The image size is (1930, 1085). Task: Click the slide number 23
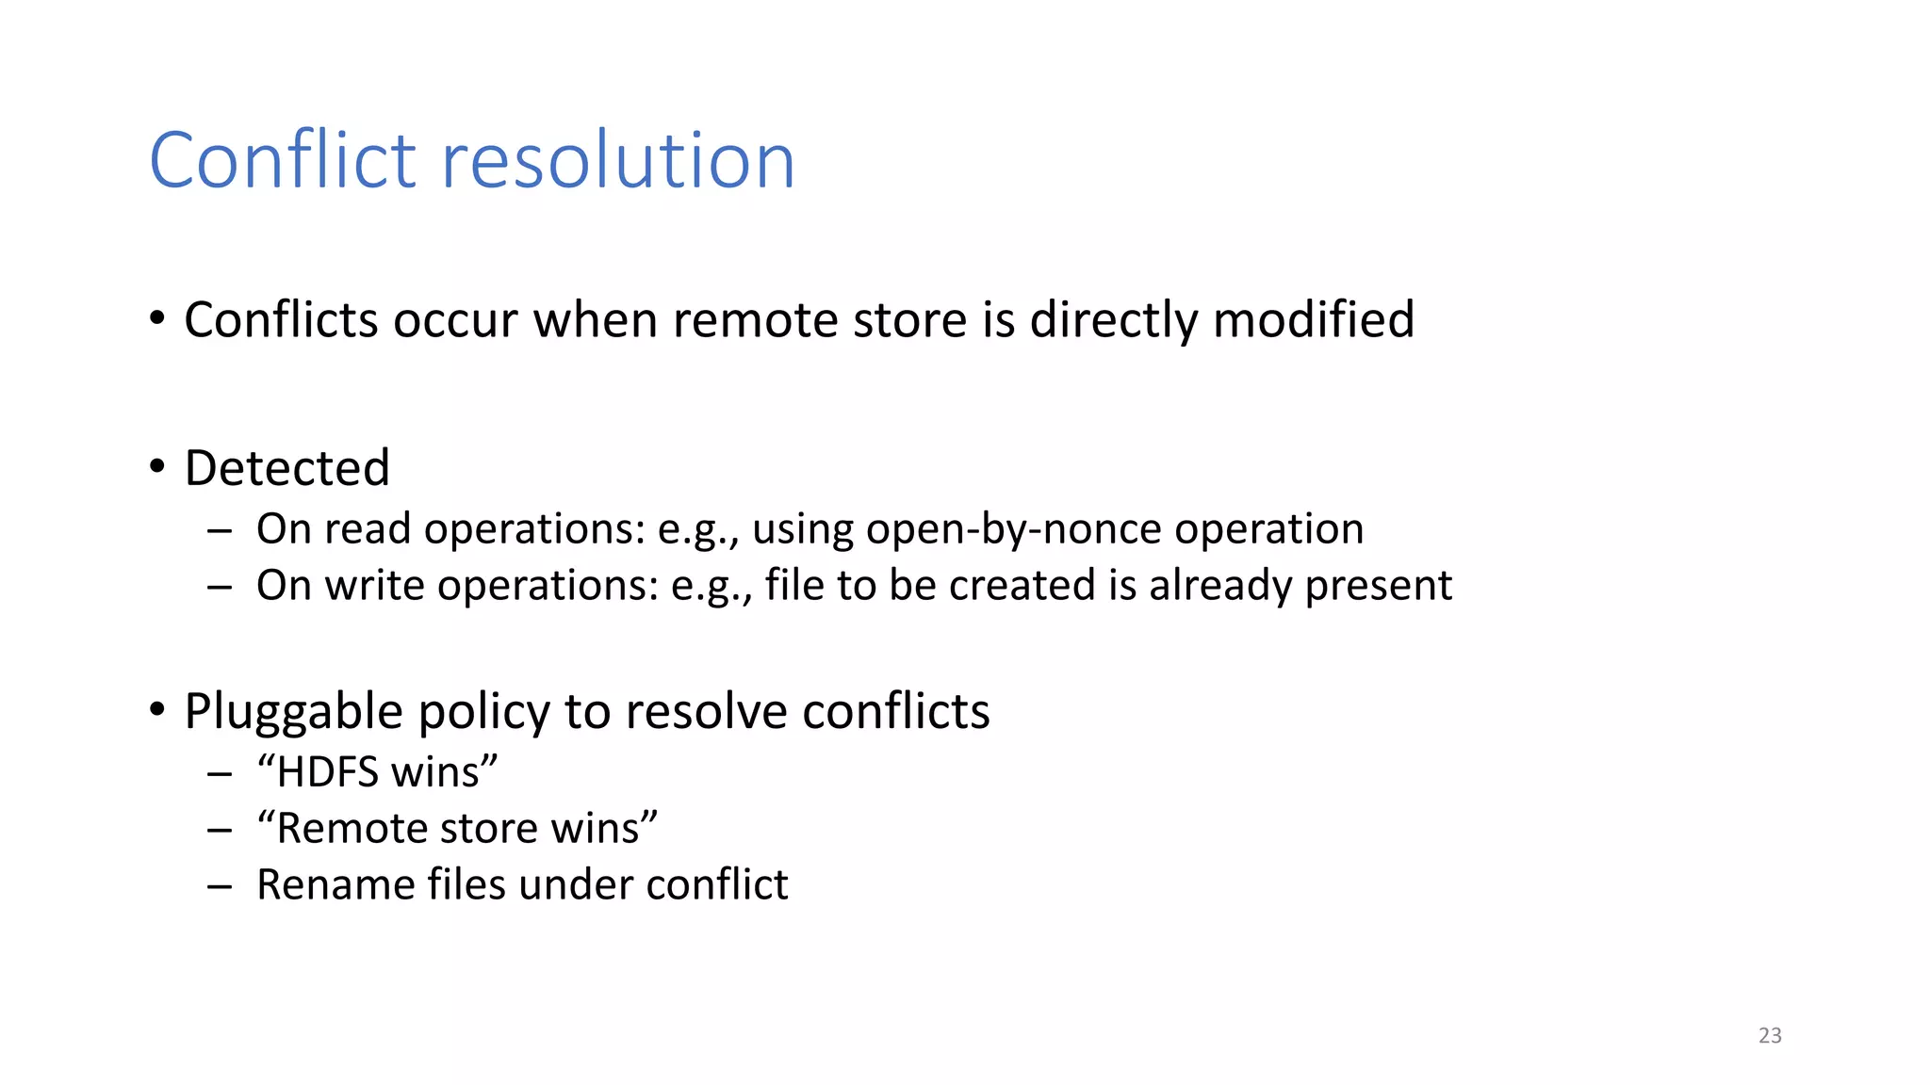(1770, 1035)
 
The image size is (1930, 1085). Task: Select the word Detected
(286, 468)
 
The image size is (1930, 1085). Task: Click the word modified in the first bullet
(1314, 320)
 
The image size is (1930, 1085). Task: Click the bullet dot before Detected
(157, 466)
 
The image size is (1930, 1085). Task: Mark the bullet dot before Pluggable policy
(157, 709)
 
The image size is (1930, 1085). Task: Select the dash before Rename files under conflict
(220, 886)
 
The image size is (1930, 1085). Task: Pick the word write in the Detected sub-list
(374, 586)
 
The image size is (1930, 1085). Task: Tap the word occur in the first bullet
(455, 320)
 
